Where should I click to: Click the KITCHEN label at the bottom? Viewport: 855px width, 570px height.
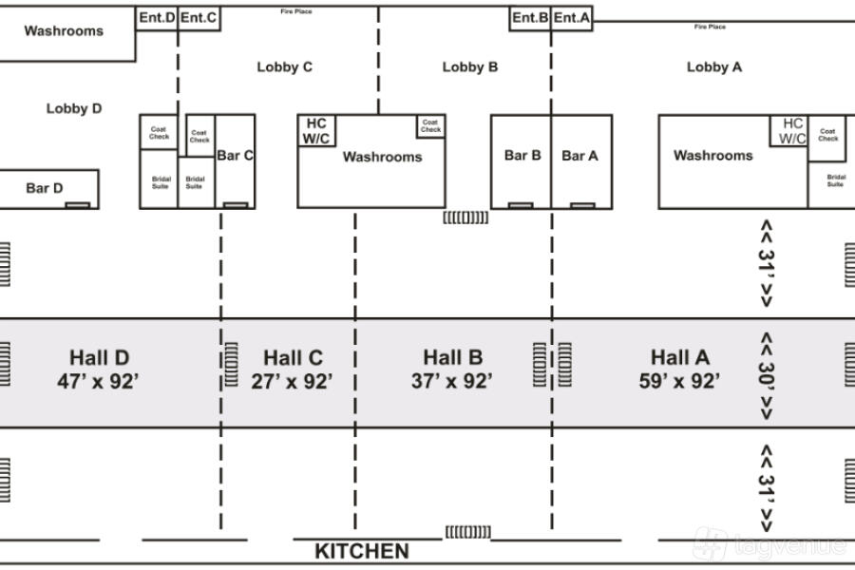[362, 551]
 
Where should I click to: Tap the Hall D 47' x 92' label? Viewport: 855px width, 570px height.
[99, 370]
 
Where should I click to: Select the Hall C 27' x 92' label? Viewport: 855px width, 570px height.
[293, 370]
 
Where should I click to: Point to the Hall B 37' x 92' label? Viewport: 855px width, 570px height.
[452, 370]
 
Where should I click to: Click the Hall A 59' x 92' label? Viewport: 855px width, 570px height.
[679, 370]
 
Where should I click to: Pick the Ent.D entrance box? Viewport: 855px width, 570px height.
[157, 18]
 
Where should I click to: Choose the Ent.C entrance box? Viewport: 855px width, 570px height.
[199, 18]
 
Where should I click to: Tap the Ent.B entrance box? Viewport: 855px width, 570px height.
[530, 18]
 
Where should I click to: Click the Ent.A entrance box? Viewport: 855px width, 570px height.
[572, 18]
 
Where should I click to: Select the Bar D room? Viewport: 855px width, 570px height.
[45, 188]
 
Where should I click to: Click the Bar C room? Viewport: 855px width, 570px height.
[235, 157]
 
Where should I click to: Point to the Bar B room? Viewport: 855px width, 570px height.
[522, 156]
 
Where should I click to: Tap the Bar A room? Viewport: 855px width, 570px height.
[580, 156]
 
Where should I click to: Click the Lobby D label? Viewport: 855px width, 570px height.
[74, 108]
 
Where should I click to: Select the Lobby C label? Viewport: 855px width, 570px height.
[284, 66]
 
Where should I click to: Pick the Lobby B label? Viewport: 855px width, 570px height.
[469, 66]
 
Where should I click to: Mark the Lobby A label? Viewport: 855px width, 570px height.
[714, 66]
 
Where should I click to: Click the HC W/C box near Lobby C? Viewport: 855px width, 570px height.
[315, 131]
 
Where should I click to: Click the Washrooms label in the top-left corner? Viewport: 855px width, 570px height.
[64, 30]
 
